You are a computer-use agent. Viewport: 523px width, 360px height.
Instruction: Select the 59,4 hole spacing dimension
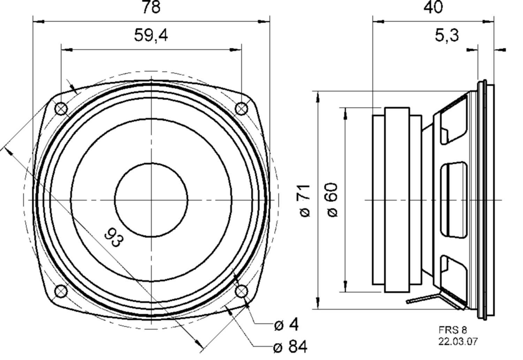click(x=151, y=35)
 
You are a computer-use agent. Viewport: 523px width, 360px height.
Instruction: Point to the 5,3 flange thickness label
click(x=447, y=35)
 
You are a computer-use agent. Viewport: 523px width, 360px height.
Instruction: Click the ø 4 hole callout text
click(x=286, y=325)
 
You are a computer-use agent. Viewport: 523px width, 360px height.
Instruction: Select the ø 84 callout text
click(x=290, y=347)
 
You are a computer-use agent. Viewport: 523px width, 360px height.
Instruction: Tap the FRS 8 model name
click(x=452, y=330)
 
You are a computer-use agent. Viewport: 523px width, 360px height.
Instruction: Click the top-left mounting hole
click(x=61, y=109)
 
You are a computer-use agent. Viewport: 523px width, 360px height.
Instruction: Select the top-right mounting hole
click(x=241, y=109)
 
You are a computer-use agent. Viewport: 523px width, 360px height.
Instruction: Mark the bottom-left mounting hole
click(x=61, y=291)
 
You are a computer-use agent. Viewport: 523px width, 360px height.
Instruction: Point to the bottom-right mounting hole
click(x=241, y=291)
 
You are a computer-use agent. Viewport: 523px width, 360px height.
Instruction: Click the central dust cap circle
click(x=151, y=200)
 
